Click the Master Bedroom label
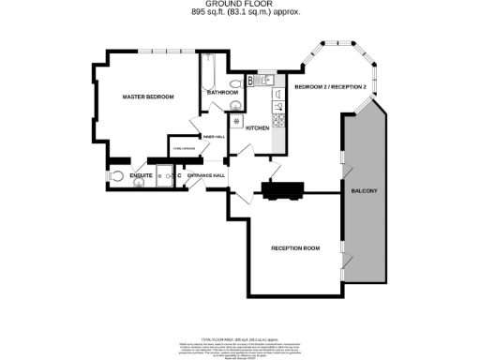pos(148,97)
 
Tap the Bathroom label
pos(222,93)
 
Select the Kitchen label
pos(257,128)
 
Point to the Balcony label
pos(364,191)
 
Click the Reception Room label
pos(295,247)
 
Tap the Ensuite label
pos(142,174)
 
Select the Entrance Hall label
pos(205,175)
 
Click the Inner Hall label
pos(214,137)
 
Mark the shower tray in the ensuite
pos(166,175)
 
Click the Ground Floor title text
pos(239,5)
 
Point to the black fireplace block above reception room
pos(282,191)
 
